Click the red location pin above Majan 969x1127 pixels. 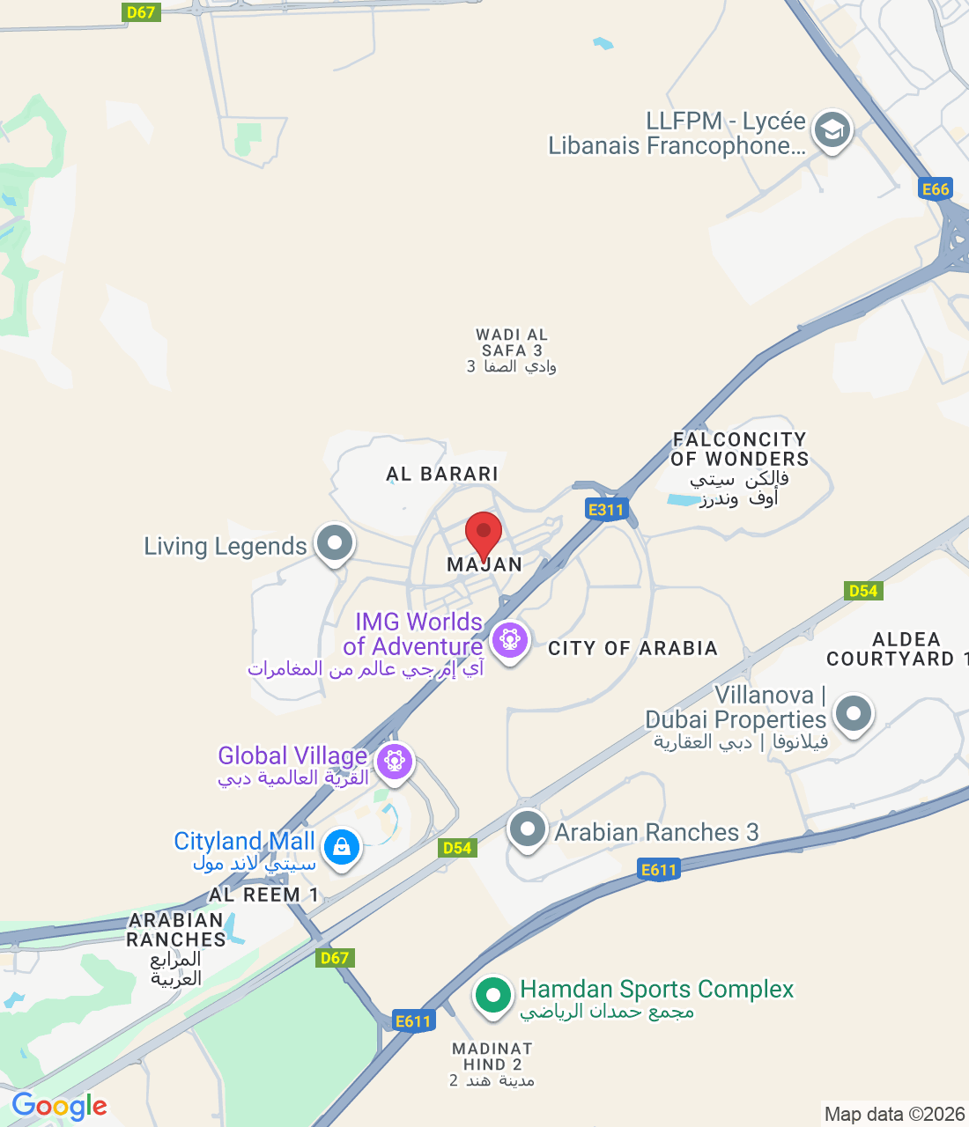tap(484, 534)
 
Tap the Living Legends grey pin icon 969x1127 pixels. tap(335, 543)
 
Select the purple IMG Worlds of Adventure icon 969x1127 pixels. tap(510, 639)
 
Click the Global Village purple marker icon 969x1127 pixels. tap(394, 761)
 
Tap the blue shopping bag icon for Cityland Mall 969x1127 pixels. tap(342, 847)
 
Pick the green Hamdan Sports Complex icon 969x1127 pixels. tap(493, 996)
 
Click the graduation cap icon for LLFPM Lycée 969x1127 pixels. tap(832, 131)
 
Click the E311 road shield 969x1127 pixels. tap(606, 509)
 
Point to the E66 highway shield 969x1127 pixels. tap(936, 188)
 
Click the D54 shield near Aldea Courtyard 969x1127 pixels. tap(863, 590)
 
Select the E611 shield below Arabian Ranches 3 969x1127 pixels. tap(659, 870)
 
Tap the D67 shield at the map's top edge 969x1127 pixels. tap(141, 12)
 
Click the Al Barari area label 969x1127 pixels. tap(442, 474)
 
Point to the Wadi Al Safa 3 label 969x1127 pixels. tap(512, 350)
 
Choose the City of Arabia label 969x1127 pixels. tap(632, 649)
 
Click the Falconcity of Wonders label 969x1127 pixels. tap(740, 449)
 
